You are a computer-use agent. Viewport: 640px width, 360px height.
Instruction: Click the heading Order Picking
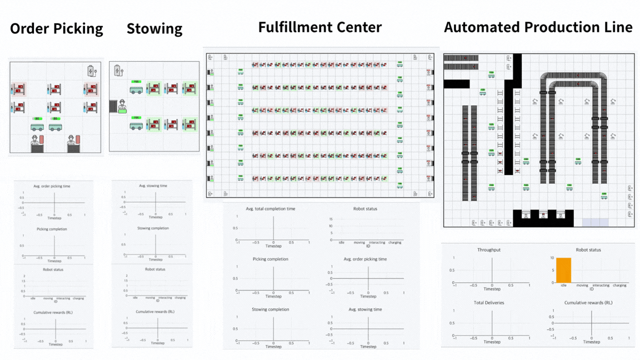pyautogui.click(x=57, y=29)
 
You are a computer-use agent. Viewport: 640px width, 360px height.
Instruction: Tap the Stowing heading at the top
pyautogui.click(x=154, y=29)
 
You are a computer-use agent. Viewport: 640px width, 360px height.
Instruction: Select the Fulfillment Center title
pyautogui.click(x=319, y=27)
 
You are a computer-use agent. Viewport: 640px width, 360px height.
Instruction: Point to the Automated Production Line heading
pyautogui.click(x=538, y=27)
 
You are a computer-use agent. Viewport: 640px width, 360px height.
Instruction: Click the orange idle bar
pyautogui.click(x=563, y=270)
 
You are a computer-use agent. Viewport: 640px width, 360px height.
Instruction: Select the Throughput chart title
pyautogui.click(x=489, y=250)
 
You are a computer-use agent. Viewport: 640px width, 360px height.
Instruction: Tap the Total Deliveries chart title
pyautogui.click(x=489, y=303)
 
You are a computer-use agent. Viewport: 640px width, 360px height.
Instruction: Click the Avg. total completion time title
pyautogui.click(x=271, y=209)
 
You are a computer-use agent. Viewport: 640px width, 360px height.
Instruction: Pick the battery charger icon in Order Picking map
pyautogui.click(x=92, y=71)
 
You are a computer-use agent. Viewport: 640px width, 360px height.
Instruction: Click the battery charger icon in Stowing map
pyautogui.click(x=118, y=71)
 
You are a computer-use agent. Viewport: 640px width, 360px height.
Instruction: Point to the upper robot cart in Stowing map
pyautogui.click(x=136, y=88)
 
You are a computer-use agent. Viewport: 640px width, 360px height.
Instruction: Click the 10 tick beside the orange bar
pyautogui.click(x=552, y=258)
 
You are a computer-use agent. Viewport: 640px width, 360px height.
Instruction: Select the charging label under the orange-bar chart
pyautogui.click(x=619, y=286)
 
